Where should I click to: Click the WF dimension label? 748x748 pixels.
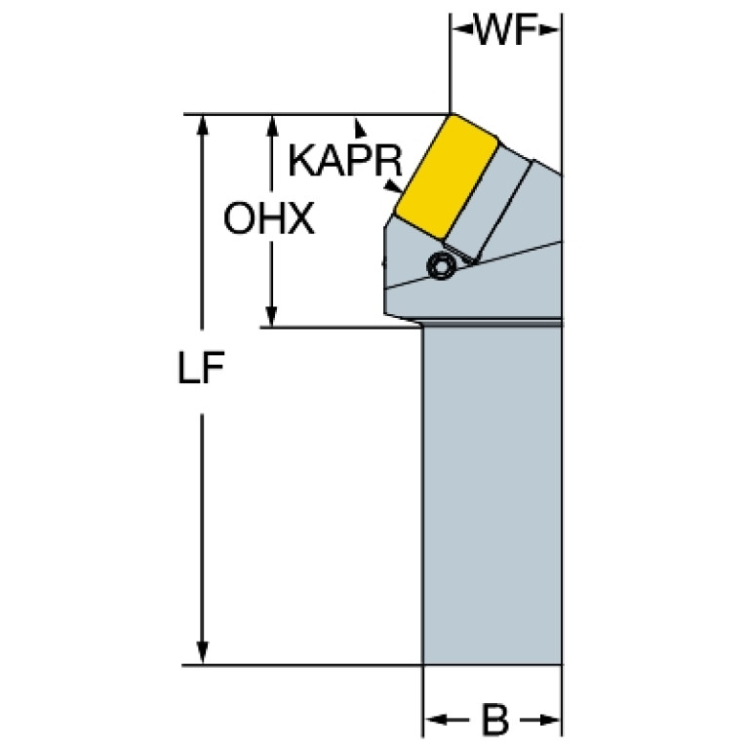pyautogui.click(x=506, y=31)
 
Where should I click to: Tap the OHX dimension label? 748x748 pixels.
pyautogui.click(x=268, y=220)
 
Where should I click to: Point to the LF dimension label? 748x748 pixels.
pyautogui.click(x=202, y=371)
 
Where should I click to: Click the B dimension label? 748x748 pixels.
pyautogui.click(x=495, y=723)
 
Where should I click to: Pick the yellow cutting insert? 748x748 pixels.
pyautogui.click(x=447, y=176)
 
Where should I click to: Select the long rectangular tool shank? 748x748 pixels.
pyautogui.click(x=492, y=497)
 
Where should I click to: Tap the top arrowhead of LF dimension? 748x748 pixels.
pyautogui.click(x=202, y=124)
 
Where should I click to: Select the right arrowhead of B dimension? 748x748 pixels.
pyautogui.click(x=552, y=723)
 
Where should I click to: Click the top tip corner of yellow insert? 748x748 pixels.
pyautogui.click(x=451, y=115)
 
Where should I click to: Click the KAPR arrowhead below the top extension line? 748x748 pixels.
pyautogui.click(x=361, y=125)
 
